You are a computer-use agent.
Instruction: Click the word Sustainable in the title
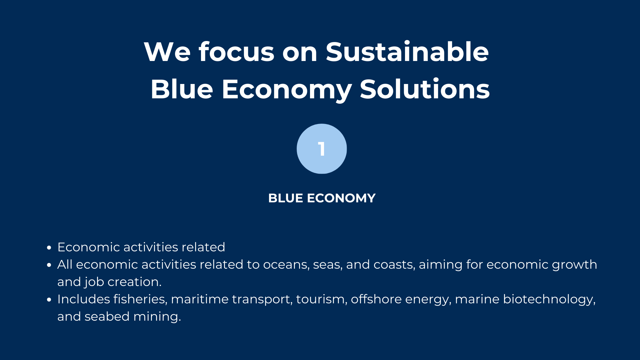(x=407, y=52)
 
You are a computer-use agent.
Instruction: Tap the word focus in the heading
(x=236, y=52)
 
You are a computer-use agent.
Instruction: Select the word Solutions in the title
(x=425, y=89)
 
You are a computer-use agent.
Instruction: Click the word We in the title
(x=167, y=52)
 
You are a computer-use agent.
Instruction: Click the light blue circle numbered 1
(x=322, y=149)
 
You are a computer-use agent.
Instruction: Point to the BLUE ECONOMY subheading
(x=322, y=198)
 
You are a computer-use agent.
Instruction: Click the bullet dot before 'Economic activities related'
(x=49, y=248)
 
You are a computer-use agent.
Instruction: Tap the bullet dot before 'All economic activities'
(x=49, y=265)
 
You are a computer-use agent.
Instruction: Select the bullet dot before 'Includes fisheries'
(x=49, y=300)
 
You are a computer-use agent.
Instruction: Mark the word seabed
(x=107, y=316)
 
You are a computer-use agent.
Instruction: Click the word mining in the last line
(x=157, y=317)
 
